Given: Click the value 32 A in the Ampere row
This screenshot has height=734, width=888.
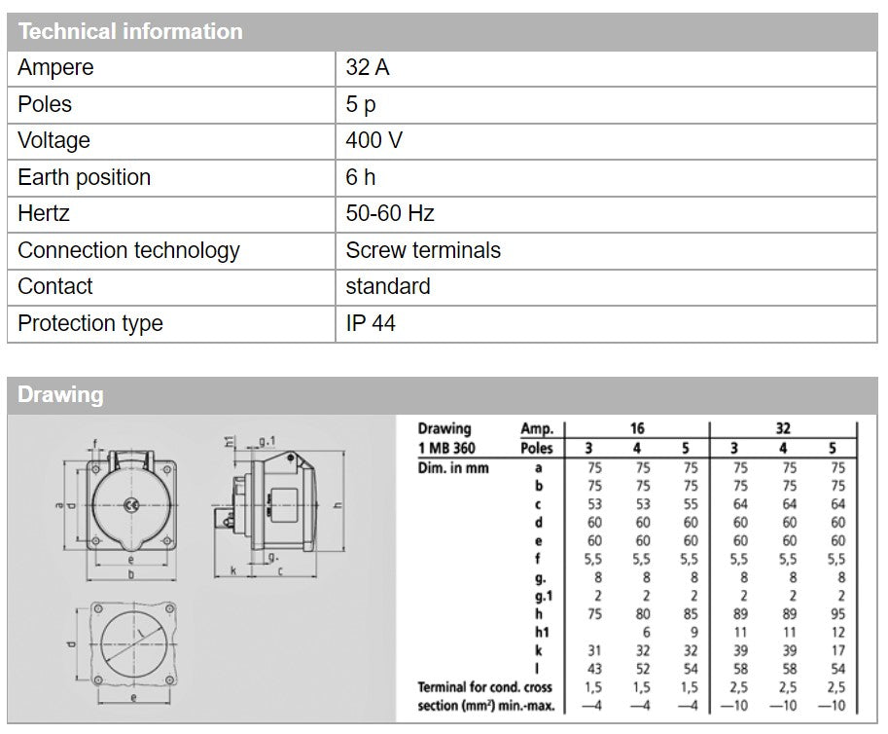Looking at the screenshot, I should tap(368, 68).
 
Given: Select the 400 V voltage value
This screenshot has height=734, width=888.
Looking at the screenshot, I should tap(373, 140).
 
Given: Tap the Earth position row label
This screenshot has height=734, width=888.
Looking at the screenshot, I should tap(84, 177).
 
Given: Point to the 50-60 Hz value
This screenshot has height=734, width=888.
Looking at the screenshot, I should tap(389, 213).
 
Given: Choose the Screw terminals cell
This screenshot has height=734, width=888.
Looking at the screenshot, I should tap(423, 250).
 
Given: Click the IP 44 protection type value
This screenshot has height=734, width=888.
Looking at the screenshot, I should tap(371, 323).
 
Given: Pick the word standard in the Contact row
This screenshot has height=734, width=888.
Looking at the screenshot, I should tap(387, 286).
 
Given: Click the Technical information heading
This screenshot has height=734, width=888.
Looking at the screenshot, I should tap(129, 31).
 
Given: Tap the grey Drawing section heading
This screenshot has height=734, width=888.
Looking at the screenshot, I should tap(59, 395).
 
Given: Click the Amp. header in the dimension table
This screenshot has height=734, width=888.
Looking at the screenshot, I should tap(536, 429).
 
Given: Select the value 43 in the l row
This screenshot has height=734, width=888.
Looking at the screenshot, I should tap(593, 669).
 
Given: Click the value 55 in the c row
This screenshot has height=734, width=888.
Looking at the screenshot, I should tap(690, 504).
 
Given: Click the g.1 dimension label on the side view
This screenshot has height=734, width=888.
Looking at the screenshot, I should tap(267, 441).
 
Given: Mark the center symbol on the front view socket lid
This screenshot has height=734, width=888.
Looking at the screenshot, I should tap(131, 504).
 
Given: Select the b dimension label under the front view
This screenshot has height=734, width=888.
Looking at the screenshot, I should tap(132, 576).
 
